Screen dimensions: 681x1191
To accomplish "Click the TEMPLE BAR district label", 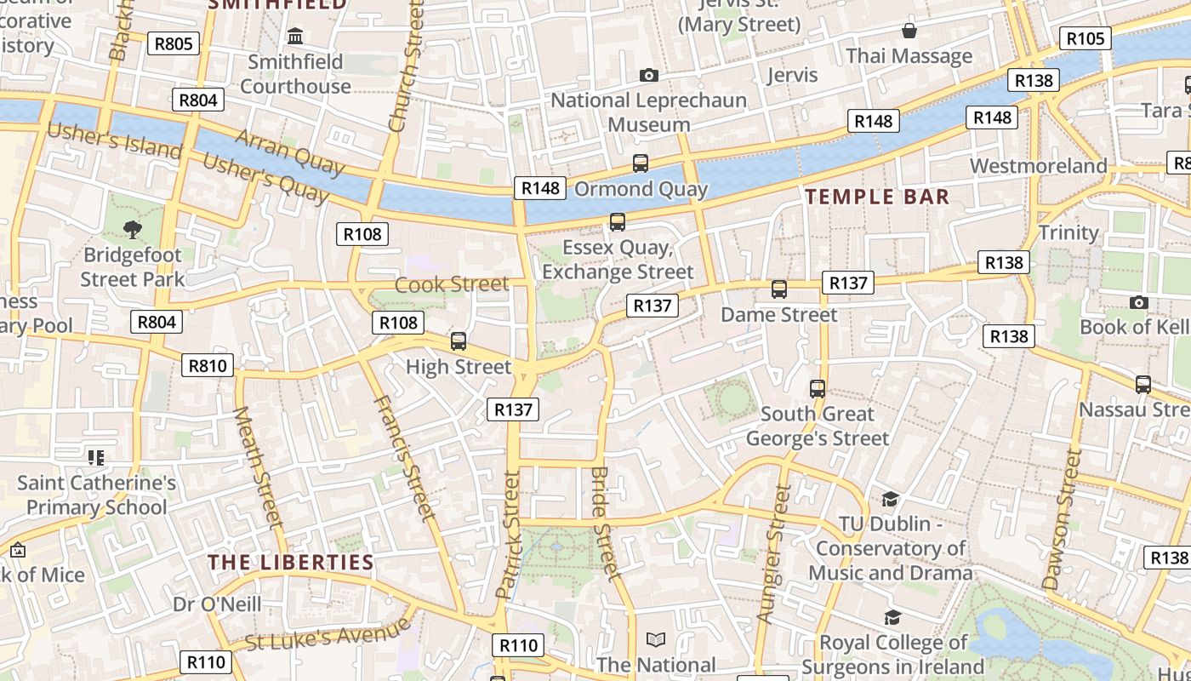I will click(x=877, y=197).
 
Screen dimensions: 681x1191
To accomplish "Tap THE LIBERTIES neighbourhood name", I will click(x=291, y=563).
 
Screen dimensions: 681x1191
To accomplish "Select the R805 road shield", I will click(x=174, y=43).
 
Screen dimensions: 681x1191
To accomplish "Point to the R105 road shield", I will click(x=1086, y=38).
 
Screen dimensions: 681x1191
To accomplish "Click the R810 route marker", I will click(x=208, y=366).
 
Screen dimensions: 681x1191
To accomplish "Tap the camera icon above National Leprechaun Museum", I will click(x=648, y=76).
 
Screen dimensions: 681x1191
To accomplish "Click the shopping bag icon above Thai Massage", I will click(x=909, y=31).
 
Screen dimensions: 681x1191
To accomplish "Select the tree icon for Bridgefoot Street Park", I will click(x=132, y=228).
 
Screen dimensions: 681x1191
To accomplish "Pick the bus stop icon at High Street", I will click(x=459, y=341).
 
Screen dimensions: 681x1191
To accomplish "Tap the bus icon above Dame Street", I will click(x=778, y=289).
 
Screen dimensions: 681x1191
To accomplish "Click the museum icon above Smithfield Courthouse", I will click(x=295, y=36).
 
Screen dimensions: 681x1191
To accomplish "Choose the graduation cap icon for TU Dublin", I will click(x=890, y=499).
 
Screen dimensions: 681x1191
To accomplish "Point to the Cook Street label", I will click(x=452, y=284).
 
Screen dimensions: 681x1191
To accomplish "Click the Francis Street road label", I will click(x=405, y=457).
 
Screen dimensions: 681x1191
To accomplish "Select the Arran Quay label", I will click(x=289, y=151).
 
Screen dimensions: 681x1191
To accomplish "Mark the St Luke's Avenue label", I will click(x=328, y=637).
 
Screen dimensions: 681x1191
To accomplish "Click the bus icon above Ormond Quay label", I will click(x=640, y=163).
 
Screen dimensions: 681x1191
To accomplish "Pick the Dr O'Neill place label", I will click(x=217, y=604).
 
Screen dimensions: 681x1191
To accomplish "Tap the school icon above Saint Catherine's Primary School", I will click(x=96, y=458).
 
